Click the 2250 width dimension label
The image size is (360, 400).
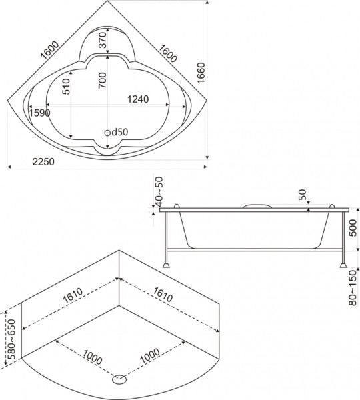click(x=43, y=162)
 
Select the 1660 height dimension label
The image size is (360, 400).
click(x=201, y=73)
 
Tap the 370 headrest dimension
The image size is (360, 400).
click(x=103, y=40)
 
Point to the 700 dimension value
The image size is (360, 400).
click(x=103, y=80)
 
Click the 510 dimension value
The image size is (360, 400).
click(x=66, y=87)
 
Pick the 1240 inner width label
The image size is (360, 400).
click(x=138, y=99)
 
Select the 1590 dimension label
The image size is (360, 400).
click(x=39, y=113)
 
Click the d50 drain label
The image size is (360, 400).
click(x=119, y=132)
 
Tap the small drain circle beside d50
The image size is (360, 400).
click(x=108, y=133)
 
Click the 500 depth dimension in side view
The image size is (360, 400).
click(x=353, y=228)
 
